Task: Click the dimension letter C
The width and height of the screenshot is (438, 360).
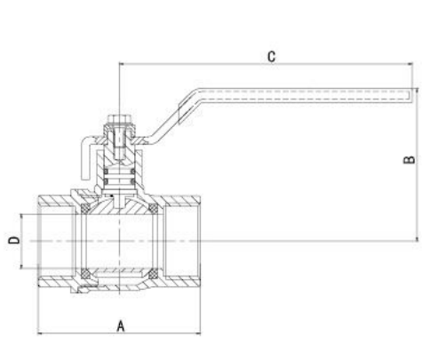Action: tap(272, 56)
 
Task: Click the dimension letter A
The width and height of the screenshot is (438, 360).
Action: tap(120, 325)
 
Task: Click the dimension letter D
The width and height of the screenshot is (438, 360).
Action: tap(13, 240)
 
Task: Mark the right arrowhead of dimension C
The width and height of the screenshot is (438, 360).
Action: tap(411, 63)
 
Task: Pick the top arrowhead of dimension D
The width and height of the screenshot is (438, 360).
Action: tap(24, 216)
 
